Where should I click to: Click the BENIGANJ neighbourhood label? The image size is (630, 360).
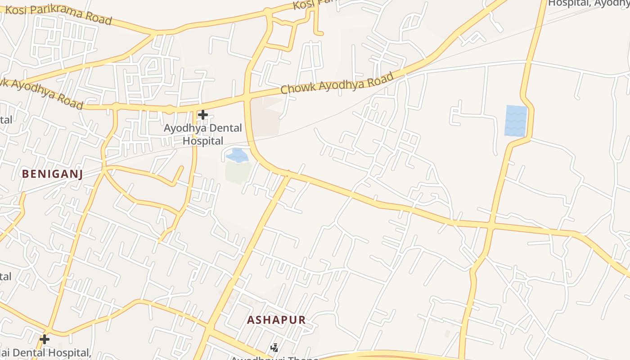click(x=52, y=174)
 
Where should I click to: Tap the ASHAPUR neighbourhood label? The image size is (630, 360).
click(x=276, y=320)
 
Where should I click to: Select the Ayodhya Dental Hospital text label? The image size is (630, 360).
click(x=202, y=134)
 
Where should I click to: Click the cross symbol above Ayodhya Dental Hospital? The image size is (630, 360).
click(x=203, y=115)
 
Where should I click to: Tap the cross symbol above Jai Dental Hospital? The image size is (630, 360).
click(x=45, y=339)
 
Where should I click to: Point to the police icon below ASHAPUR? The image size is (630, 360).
click(x=274, y=347)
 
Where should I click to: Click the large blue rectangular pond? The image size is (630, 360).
click(x=516, y=121)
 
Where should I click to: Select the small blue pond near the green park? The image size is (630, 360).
click(x=237, y=155)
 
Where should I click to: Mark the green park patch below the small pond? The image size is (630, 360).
click(x=238, y=172)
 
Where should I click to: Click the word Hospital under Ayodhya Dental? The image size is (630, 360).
click(x=202, y=141)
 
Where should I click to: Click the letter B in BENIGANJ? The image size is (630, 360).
click(x=25, y=174)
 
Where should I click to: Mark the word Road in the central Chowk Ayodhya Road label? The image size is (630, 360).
click(x=382, y=79)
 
